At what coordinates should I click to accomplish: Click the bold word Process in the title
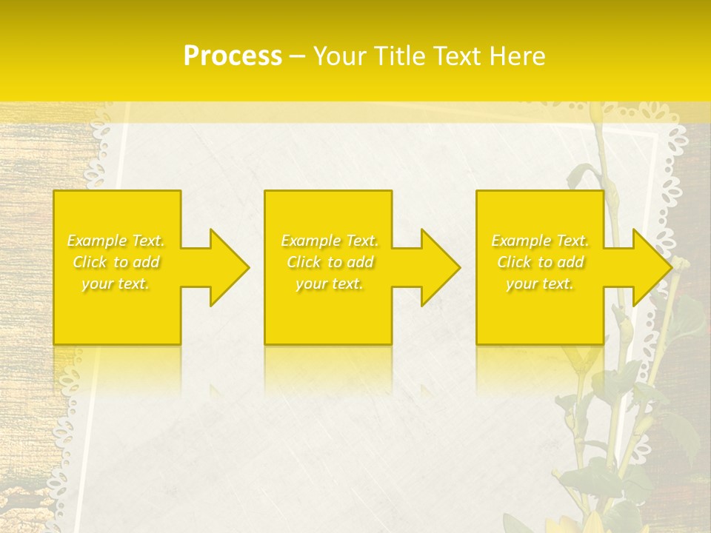pyautogui.click(x=233, y=56)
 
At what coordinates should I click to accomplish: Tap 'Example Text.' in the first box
pyautogui.click(x=116, y=241)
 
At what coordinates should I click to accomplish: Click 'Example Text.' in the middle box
pyautogui.click(x=330, y=241)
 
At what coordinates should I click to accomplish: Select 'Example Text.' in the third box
pyautogui.click(x=540, y=241)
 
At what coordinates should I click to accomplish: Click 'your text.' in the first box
pyautogui.click(x=116, y=284)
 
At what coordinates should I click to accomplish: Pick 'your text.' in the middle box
pyautogui.click(x=330, y=284)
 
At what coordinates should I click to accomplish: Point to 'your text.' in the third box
pyautogui.click(x=540, y=284)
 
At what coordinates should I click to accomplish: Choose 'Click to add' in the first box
pyautogui.click(x=116, y=262)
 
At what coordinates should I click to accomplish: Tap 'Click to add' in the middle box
pyautogui.click(x=330, y=262)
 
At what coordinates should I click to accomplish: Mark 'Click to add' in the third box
pyautogui.click(x=540, y=262)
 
